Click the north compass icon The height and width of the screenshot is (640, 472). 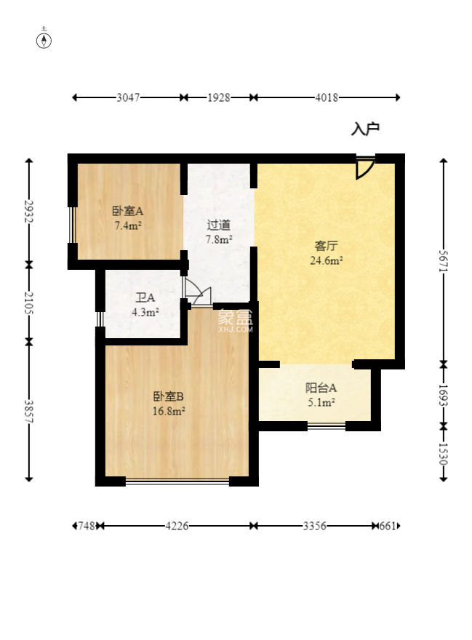click(x=44, y=39)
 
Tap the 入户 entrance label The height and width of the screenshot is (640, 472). click(x=365, y=129)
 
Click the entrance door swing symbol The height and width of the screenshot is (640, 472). click(x=364, y=168)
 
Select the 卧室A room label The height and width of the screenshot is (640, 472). click(x=127, y=211)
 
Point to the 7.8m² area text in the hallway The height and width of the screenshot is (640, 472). click(x=218, y=239)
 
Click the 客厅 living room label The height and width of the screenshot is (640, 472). click(x=327, y=246)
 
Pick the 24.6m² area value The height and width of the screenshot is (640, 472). click(x=327, y=260)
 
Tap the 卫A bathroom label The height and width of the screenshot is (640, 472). click(x=145, y=297)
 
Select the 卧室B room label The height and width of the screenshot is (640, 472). click(x=168, y=396)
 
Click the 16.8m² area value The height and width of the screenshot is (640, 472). click(x=168, y=410)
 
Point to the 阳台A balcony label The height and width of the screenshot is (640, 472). click(x=321, y=388)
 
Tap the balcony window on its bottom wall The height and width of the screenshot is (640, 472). click(x=326, y=425)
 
